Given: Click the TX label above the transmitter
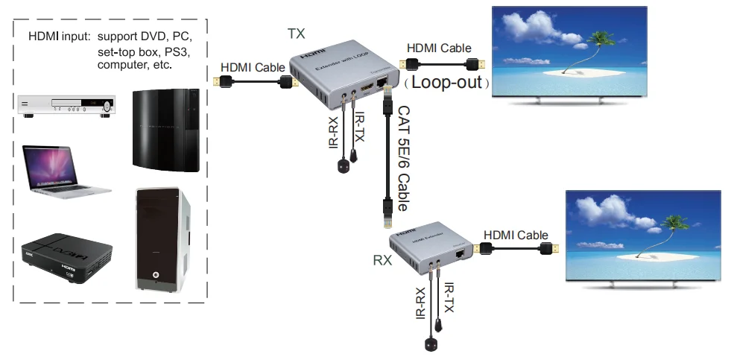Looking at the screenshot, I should [296, 34].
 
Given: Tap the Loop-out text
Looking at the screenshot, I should [447, 82].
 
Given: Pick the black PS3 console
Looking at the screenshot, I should [165, 130].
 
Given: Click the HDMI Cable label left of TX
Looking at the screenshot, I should [253, 66].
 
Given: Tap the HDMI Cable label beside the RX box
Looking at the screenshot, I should [516, 236].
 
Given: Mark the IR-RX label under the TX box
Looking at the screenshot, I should [335, 130].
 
